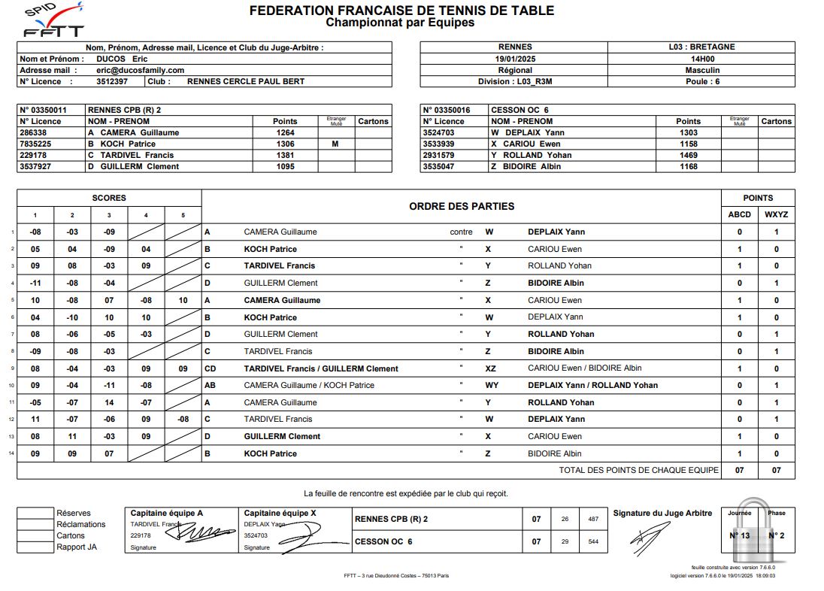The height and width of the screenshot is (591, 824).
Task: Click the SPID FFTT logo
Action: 53,21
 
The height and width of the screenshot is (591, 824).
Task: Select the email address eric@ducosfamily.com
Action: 140,70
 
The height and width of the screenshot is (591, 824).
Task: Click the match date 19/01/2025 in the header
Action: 515,59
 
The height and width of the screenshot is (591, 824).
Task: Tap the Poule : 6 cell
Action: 702,81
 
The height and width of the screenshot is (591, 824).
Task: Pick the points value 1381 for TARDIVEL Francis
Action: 285,155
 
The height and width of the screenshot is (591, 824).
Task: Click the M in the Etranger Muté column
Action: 335,144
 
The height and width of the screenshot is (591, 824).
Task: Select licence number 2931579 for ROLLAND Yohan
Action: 444,155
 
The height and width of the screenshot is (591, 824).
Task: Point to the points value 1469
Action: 688,155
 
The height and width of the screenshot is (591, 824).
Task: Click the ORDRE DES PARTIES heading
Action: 462,206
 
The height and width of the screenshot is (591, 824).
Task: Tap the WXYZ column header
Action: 776,214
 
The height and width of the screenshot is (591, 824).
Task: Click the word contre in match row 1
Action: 461,232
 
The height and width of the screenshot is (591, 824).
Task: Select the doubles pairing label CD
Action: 211,368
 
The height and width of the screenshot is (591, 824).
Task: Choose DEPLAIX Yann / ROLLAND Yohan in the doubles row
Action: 592,385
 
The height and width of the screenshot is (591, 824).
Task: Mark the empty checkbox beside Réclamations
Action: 35,525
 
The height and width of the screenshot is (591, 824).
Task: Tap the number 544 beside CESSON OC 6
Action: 593,541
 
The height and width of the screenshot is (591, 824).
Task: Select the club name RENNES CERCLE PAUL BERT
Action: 245,81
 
